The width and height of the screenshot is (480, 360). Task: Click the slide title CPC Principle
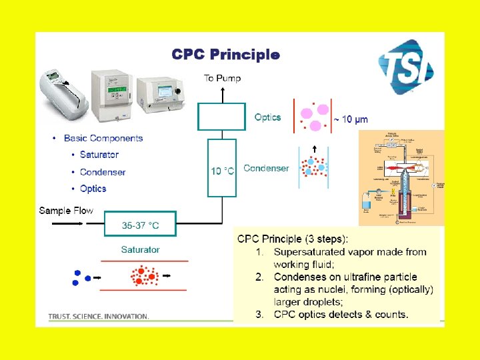(x=225, y=54)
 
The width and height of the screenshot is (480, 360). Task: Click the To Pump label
(x=223, y=78)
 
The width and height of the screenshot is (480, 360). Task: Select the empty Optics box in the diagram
(x=221, y=117)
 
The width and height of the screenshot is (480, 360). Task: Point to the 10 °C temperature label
(x=223, y=171)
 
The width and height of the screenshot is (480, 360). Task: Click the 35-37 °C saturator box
(x=141, y=225)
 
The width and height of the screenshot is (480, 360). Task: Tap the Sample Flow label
(x=66, y=211)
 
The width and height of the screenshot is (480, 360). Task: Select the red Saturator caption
(x=140, y=249)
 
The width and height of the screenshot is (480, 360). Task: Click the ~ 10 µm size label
(x=351, y=119)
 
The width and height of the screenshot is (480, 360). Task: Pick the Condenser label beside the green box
(x=266, y=168)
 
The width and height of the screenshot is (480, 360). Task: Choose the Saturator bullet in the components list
(x=99, y=155)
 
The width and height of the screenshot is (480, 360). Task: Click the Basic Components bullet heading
(x=103, y=138)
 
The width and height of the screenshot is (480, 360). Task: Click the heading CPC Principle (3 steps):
(x=293, y=239)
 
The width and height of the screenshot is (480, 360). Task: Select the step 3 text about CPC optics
(x=341, y=314)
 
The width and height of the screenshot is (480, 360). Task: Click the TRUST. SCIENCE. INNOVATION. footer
(x=99, y=316)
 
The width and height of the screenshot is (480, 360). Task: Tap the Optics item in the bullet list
(x=93, y=189)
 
